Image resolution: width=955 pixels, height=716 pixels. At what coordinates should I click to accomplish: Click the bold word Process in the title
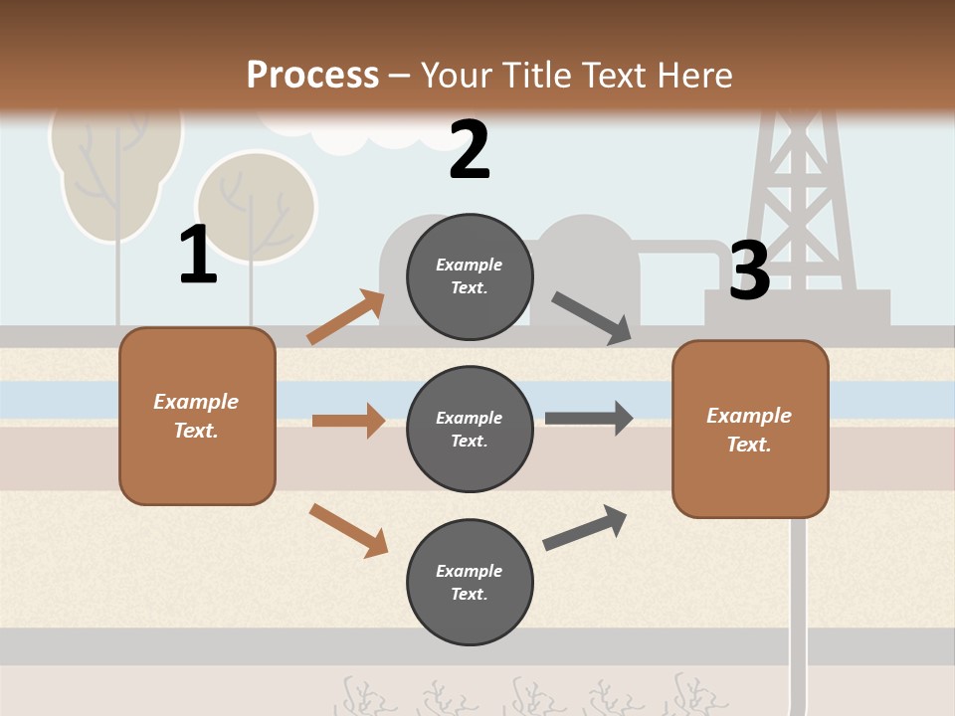[312, 75]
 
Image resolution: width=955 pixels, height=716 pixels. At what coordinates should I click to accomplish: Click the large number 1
[198, 255]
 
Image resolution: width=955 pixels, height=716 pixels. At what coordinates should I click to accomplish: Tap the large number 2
[470, 150]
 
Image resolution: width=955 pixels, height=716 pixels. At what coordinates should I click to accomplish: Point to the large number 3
[749, 270]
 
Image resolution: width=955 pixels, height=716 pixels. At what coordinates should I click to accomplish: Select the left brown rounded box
[197, 416]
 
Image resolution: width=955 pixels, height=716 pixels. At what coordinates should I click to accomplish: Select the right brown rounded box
[750, 429]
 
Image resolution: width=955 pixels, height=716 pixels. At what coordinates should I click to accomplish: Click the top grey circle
[470, 276]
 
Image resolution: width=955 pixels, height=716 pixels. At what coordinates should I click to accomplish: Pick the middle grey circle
[470, 429]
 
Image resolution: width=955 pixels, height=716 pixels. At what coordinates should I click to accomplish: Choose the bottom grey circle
[470, 582]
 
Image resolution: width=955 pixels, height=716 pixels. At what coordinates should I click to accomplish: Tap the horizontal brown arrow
[348, 421]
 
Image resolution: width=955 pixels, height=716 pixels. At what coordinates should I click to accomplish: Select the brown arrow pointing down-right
[348, 530]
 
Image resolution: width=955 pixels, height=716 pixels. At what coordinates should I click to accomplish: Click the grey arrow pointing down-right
[592, 318]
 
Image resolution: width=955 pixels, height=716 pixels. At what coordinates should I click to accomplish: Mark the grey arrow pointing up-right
[585, 528]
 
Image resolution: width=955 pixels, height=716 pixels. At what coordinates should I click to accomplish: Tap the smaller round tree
[256, 207]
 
